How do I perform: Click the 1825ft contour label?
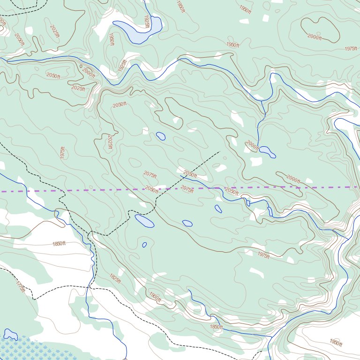[x=115, y=278]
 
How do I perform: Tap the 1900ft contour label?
[x=156, y=297]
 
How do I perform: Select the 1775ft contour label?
[x=20, y=287]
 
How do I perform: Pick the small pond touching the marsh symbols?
[x=10, y=334]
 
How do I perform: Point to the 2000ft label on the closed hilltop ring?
[x=315, y=37]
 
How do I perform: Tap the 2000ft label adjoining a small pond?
[x=252, y=145]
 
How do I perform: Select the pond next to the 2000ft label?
[x=268, y=151]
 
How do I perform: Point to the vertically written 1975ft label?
[x=62, y=152]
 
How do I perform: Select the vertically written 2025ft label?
[x=110, y=142]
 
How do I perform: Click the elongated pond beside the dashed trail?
[x=144, y=220]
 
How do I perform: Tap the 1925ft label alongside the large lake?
[x=147, y=22]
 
